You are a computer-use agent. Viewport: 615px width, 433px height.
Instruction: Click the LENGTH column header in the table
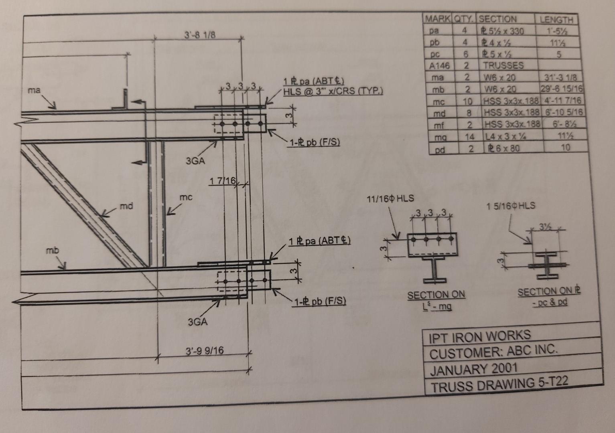pyautogui.click(x=556, y=20)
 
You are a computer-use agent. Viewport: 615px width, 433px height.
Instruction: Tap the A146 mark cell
pyautogui.click(x=439, y=66)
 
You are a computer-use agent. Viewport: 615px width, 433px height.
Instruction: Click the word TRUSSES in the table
pyautogui.click(x=503, y=66)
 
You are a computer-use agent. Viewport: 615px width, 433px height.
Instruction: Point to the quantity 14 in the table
pyautogui.click(x=469, y=136)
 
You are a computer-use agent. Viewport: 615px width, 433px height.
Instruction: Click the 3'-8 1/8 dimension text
pyautogui.click(x=200, y=35)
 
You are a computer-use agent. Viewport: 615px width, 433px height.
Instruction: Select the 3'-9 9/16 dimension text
pyautogui.click(x=205, y=351)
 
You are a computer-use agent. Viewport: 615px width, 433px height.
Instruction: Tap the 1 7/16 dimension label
pyautogui.click(x=223, y=181)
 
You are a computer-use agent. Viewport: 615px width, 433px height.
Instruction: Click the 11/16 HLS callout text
pyautogui.click(x=390, y=198)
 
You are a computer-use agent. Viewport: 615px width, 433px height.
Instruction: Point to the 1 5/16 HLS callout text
pyautogui.click(x=511, y=206)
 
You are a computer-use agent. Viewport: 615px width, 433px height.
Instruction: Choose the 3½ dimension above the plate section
pyautogui.click(x=545, y=227)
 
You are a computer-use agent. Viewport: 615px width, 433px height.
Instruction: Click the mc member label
pyautogui.click(x=186, y=197)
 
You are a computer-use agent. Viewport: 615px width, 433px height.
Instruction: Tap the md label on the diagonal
pyautogui.click(x=126, y=206)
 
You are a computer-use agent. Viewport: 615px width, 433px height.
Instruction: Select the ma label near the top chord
pyautogui.click(x=34, y=90)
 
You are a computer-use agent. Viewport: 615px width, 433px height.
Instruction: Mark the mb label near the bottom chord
pyautogui.click(x=52, y=250)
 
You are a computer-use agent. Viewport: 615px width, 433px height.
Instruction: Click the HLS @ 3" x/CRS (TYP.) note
pyautogui.click(x=333, y=91)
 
